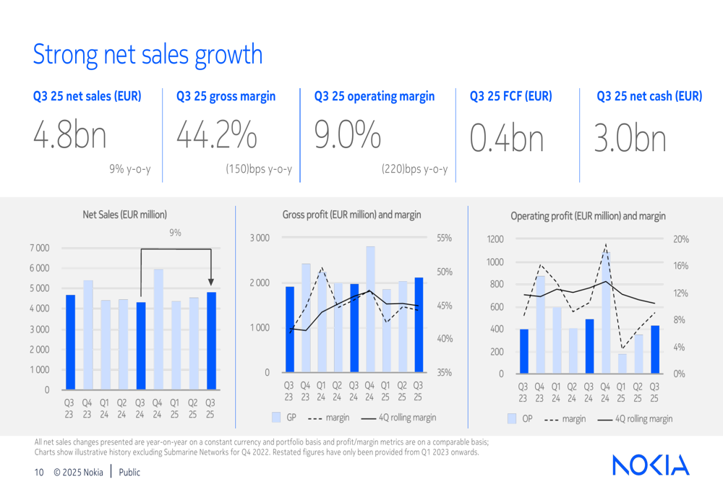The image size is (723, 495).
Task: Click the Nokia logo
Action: [x=651, y=465]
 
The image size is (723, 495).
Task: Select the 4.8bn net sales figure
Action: [x=70, y=137]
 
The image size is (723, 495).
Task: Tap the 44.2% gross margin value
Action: [x=216, y=136]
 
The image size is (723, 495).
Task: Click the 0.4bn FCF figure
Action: [x=506, y=138]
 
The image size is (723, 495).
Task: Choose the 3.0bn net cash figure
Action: [x=630, y=138]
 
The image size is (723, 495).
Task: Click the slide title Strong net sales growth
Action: [x=147, y=55]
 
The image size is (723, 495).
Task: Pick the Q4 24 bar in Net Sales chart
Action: [x=158, y=330]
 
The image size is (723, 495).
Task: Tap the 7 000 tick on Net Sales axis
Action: [x=39, y=248]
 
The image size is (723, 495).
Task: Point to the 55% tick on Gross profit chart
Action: [x=444, y=237]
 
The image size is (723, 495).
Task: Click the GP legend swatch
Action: [x=276, y=418]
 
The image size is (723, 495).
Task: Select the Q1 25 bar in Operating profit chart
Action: [x=622, y=363]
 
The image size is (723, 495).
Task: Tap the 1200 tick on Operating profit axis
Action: [x=495, y=239]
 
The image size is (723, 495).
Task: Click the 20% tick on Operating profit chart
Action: [x=681, y=239]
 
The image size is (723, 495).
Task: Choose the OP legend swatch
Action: [x=512, y=418]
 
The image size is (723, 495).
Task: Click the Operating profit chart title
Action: [x=588, y=215]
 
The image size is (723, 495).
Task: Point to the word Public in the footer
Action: [x=129, y=473]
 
